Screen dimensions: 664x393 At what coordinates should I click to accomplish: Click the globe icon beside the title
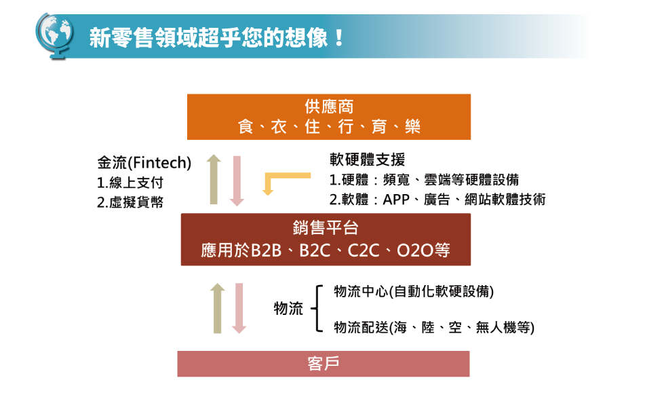[54, 35]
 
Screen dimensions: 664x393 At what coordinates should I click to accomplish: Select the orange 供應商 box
[329, 117]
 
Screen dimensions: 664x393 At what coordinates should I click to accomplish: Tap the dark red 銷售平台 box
[326, 240]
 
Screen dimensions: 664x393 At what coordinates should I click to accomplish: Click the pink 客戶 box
[324, 364]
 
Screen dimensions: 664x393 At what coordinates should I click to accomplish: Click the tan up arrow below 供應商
[214, 179]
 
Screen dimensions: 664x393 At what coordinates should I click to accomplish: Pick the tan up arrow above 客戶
[218, 308]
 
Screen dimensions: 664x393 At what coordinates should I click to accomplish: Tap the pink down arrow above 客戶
[239, 308]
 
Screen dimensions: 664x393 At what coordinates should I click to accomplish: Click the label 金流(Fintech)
[144, 162]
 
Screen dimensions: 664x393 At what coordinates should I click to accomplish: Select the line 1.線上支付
[130, 183]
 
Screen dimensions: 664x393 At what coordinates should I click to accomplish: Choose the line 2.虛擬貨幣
[130, 202]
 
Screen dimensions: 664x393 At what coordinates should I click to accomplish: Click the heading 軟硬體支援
[367, 160]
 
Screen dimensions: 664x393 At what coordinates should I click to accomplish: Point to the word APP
[396, 200]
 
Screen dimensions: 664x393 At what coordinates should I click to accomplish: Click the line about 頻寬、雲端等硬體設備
[425, 180]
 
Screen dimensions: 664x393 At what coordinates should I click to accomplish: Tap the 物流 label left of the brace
[288, 309]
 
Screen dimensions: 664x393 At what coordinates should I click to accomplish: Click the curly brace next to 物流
[317, 309]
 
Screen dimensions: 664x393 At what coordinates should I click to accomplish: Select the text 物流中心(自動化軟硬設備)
[414, 292]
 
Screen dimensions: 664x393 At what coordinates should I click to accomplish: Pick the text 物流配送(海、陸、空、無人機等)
[434, 327]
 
